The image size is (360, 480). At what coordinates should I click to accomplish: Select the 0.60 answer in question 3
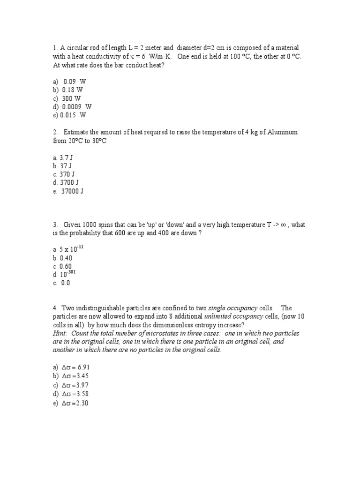point(66,266)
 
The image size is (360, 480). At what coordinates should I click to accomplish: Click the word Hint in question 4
point(60,333)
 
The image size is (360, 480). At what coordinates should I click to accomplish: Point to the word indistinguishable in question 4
point(104,308)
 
